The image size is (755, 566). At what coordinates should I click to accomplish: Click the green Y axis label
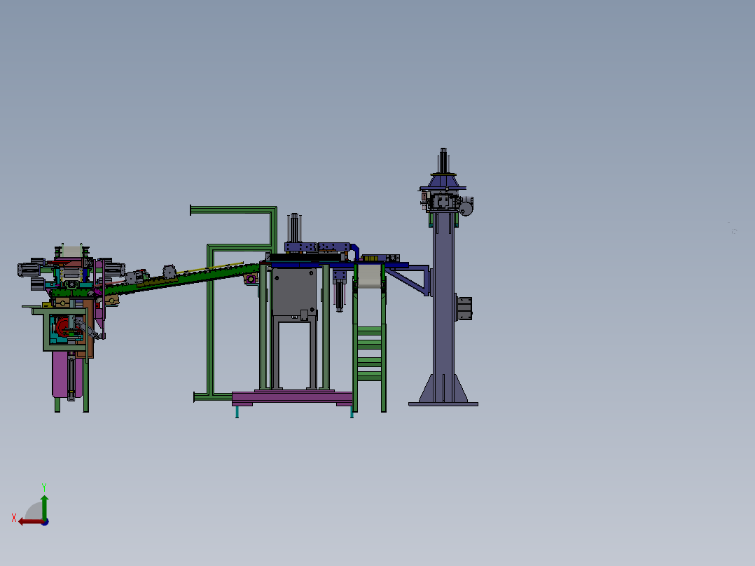(44, 488)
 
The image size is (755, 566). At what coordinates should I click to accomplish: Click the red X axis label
(14, 518)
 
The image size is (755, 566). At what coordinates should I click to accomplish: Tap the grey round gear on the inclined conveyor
(169, 272)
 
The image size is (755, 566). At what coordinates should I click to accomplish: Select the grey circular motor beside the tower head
(466, 209)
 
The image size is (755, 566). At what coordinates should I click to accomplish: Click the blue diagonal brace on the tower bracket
(406, 282)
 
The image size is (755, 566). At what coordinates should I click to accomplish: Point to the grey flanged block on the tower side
(464, 309)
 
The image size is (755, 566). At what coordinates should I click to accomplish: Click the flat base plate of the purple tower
(443, 404)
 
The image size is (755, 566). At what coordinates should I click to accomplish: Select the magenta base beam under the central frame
(292, 398)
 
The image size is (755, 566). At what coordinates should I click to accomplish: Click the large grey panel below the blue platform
(294, 292)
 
